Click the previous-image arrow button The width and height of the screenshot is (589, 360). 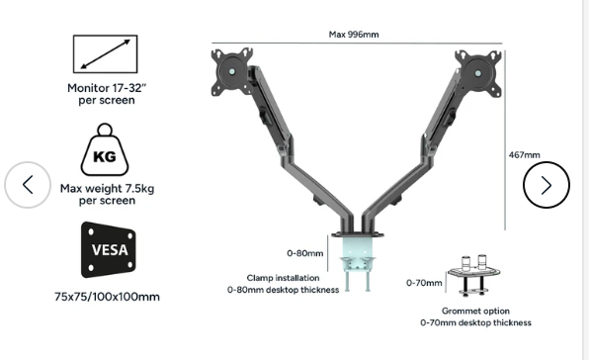(x=28, y=185)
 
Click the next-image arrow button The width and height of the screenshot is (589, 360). (x=547, y=185)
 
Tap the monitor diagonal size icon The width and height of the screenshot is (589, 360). (x=105, y=54)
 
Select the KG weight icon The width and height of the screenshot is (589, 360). (x=105, y=149)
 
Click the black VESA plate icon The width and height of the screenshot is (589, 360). (x=109, y=249)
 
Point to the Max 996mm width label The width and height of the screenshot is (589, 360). (x=354, y=35)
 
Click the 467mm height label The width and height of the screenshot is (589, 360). (x=525, y=155)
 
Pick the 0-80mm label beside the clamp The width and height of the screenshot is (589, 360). (x=305, y=253)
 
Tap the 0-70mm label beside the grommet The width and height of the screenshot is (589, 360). (x=424, y=283)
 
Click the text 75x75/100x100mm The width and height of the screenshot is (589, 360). (x=107, y=297)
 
